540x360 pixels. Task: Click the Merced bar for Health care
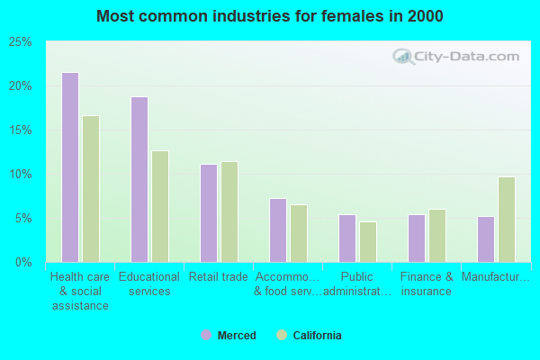(70, 167)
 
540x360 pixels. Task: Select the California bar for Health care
(91, 189)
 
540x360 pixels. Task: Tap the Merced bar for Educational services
(139, 179)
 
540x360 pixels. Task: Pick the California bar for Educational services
(160, 206)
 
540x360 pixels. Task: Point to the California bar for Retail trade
(229, 211)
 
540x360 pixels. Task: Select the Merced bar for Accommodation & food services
(278, 230)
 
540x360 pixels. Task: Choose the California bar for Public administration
(368, 242)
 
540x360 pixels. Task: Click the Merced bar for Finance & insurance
(417, 238)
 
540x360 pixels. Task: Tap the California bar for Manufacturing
(507, 220)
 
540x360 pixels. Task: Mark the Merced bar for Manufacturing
(486, 239)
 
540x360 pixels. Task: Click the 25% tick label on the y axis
(21, 42)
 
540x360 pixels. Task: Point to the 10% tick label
(21, 174)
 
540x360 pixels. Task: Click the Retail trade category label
(218, 277)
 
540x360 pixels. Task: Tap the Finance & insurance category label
(427, 283)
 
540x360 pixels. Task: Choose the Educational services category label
(148, 283)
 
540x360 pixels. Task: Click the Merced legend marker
(206, 336)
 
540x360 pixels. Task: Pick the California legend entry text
(317, 336)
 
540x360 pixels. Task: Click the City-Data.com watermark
(459, 57)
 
